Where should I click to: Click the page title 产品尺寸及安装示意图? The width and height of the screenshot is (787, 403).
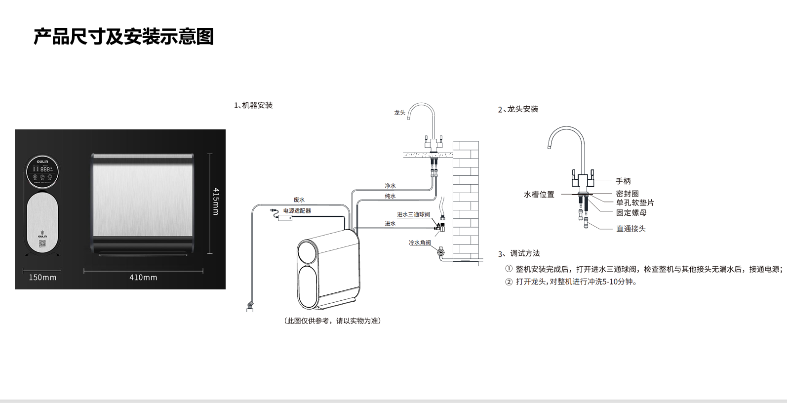tap(123, 37)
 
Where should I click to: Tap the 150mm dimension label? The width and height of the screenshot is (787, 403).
tap(42, 278)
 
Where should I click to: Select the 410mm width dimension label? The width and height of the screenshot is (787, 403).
tap(143, 278)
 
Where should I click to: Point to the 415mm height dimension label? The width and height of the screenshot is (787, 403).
tap(216, 201)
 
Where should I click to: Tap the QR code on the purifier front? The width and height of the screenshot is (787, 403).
tap(42, 243)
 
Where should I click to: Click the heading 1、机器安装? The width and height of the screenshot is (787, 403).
tap(253, 105)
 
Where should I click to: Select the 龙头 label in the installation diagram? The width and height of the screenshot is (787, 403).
tap(399, 113)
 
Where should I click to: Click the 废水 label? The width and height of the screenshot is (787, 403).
tap(299, 200)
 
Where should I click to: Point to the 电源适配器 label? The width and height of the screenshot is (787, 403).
tap(297, 211)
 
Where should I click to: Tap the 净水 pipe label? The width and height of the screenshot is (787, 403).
tap(390, 186)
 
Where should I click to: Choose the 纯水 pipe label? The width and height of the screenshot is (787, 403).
tap(390, 196)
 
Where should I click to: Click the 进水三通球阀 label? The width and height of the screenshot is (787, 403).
tap(413, 214)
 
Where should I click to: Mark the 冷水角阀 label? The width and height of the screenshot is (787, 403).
tap(420, 242)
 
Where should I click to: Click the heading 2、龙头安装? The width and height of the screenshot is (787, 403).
tap(518, 109)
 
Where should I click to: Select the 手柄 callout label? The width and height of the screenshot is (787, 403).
tap(623, 181)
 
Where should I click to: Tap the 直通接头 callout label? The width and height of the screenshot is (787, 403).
tap(630, 229)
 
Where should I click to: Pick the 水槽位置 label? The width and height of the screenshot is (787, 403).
tap(539, 195)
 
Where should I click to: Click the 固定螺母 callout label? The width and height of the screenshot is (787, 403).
tap(631, 213)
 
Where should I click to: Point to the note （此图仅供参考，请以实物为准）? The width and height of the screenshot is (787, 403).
tap(332, 321)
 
